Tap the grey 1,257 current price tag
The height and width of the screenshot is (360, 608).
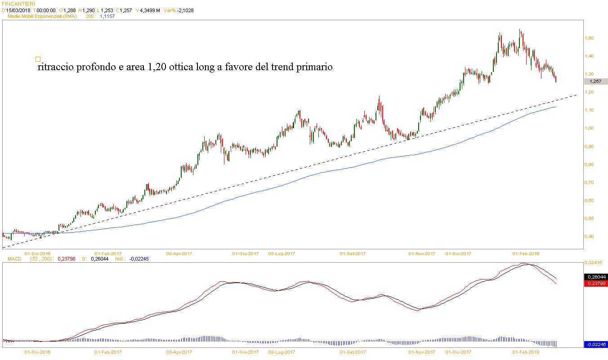click(x=596, y=81)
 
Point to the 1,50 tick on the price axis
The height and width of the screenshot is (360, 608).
click(x=589, y=38)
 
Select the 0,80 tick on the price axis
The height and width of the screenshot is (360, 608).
click(x=589, y=165)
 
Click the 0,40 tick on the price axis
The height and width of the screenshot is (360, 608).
click(x=589, y=237)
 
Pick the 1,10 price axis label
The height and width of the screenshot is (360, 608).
click(x=589, y=110)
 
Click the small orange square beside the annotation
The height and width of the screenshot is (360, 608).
click(x=38, y=59)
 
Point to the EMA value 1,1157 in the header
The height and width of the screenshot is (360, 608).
click(x=107, y=16)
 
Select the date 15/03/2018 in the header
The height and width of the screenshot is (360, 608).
click(x=18, y=10)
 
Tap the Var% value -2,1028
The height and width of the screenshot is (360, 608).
click(x=184, y=10)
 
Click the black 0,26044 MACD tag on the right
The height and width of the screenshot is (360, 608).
click(x=596, y=277)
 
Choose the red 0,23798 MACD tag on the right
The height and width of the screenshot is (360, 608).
click(x=596, y=283)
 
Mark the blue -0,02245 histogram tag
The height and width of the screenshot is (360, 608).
click(x=596, y=344)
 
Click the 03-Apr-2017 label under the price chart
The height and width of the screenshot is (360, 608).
click(x=179, y=253)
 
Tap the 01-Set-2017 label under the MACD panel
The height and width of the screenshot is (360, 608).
click(x=353, y=352)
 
